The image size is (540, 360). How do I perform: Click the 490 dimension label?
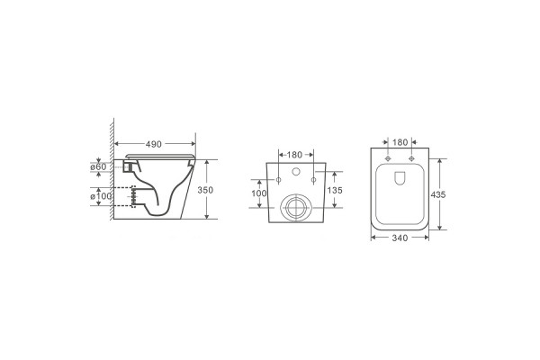154,144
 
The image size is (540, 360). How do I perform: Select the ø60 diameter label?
98,166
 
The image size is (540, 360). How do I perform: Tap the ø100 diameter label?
101,196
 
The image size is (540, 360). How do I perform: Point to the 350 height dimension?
205,190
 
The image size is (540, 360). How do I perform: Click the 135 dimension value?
335,190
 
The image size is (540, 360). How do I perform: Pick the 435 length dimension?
438,194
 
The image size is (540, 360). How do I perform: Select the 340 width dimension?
400,238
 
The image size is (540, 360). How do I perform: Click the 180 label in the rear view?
295,155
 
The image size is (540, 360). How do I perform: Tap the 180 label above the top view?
400,142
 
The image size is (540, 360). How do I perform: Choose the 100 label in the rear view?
259,193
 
